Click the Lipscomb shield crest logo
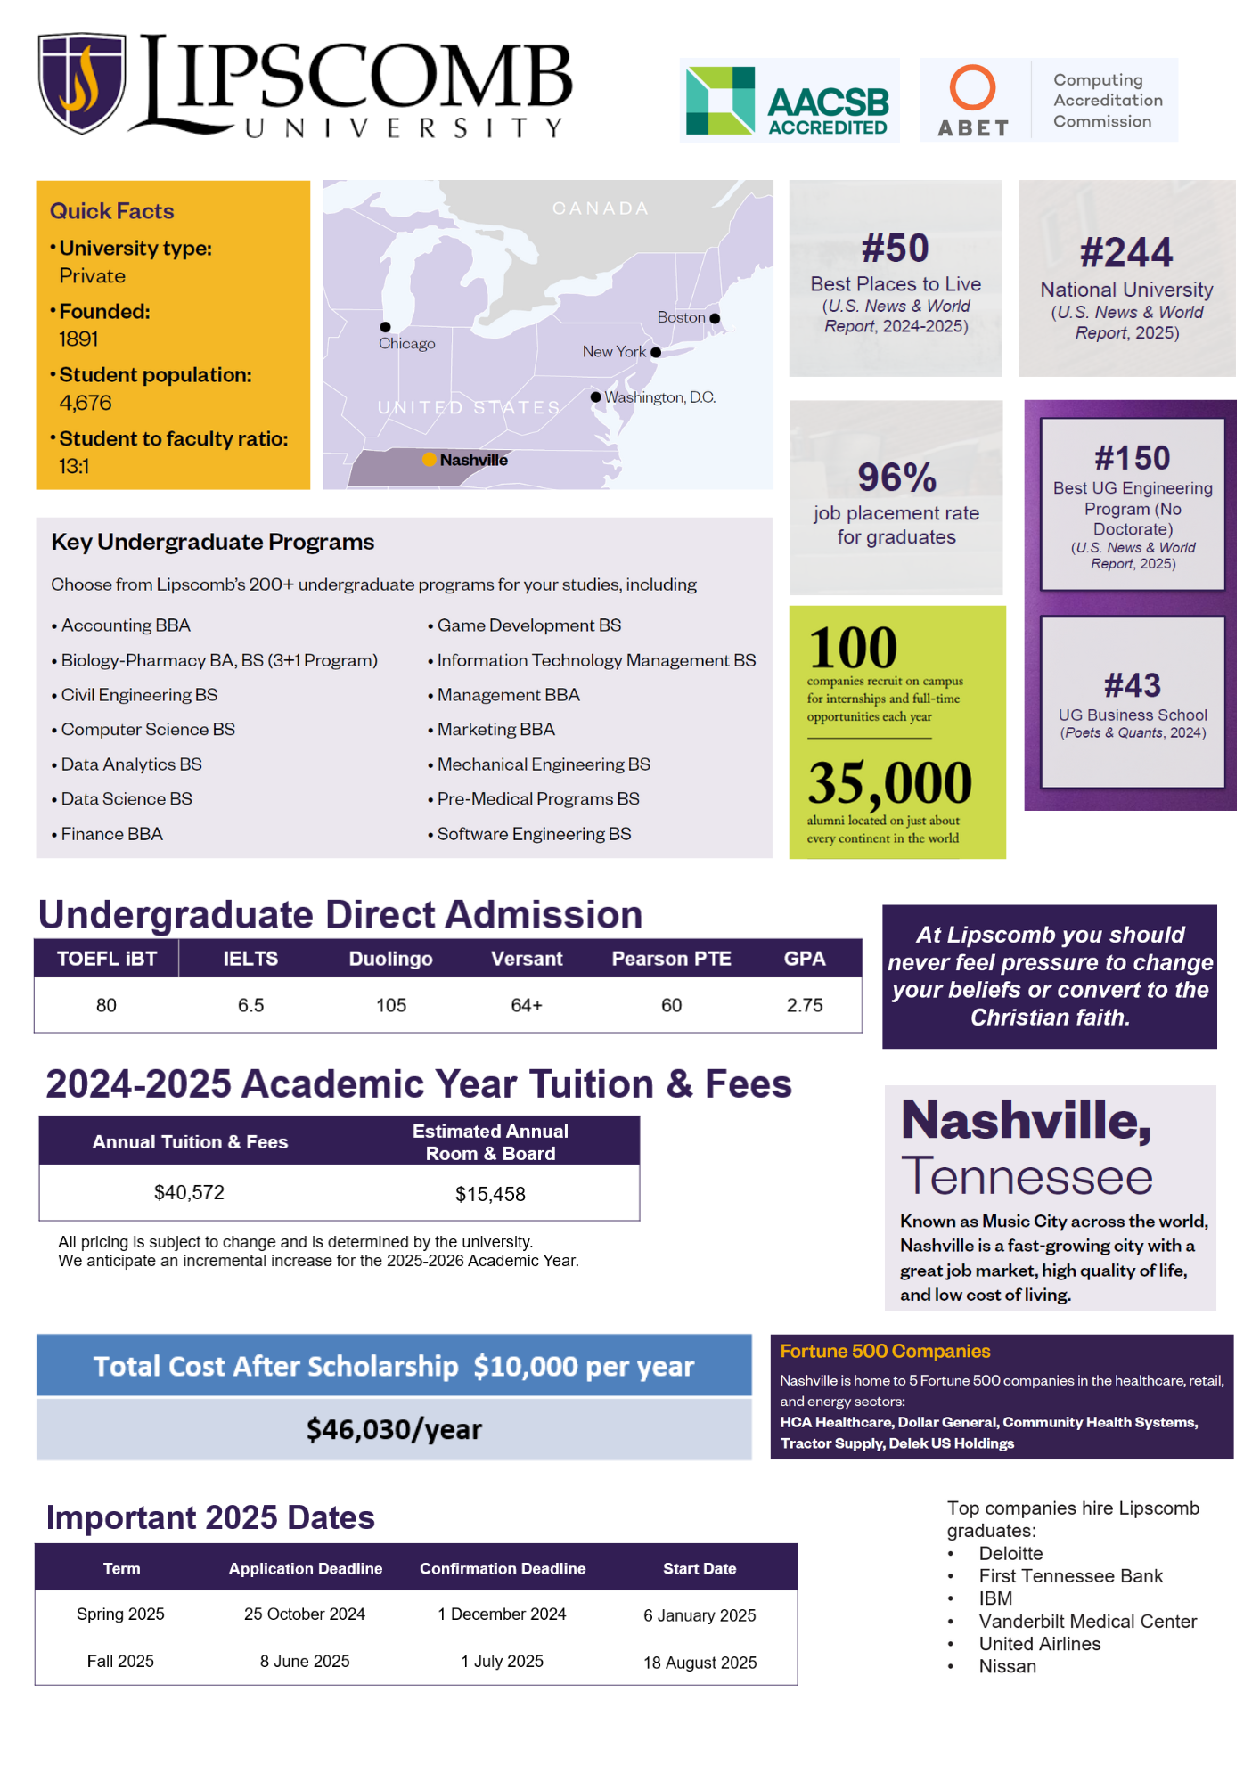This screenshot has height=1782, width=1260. click(81, 83)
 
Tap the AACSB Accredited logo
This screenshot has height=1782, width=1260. click(788, 101)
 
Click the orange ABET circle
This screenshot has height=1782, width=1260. click(971, 87)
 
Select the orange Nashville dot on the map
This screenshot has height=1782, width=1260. click(430, 460)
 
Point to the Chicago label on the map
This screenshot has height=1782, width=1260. click(406, 344)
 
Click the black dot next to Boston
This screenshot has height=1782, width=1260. click(715, 318)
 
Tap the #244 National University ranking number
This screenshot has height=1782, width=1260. click(1126, 253)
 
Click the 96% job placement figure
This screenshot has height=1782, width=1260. click(896, 478)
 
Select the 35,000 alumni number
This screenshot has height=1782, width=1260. click(889, 782)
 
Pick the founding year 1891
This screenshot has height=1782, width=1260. click(79, 339)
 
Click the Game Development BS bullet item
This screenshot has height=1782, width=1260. click(528, 625)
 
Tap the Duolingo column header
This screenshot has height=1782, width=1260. click(390, 959)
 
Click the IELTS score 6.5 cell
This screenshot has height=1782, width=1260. click(250, 1005)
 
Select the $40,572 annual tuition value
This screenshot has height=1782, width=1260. click(189, 1192)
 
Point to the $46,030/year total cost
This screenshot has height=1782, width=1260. click(394, 1429)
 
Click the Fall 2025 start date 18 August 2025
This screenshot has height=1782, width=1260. click(700, 1663)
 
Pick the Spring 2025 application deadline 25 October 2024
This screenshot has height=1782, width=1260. click(305, 1614)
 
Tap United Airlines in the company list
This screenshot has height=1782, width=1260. click(1039, 1644)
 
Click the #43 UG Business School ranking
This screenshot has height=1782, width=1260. click(1133, 686)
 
